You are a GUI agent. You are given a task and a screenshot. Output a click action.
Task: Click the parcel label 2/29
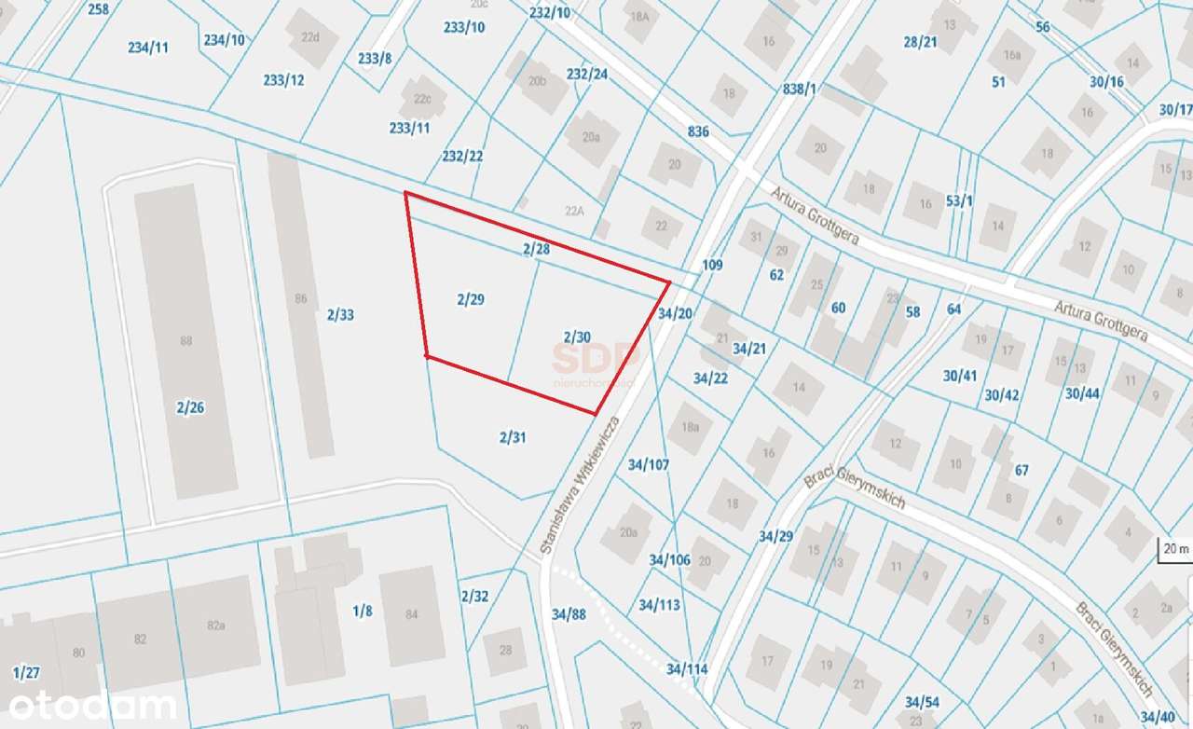click(471, 299)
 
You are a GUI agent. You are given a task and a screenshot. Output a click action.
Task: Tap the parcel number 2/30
click(577, 336)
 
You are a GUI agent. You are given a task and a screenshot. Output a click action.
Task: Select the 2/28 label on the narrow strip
click(536, 249)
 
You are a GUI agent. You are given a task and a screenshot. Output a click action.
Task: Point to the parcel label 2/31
click(513, 436)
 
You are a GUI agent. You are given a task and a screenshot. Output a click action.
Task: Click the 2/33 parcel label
click(340, 315)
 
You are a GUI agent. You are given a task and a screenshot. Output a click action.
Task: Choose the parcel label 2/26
click(189, 406)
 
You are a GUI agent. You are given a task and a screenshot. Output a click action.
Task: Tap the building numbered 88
click(185, 341)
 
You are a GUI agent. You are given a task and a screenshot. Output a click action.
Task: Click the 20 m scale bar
click(1174, 549)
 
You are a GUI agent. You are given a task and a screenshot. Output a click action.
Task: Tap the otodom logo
click(89, 706)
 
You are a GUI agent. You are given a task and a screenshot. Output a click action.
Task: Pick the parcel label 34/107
click(649, 463)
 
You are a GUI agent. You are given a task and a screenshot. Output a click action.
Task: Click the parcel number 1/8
click(362, 611)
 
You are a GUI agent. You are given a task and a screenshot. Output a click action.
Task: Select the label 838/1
click(800, 89)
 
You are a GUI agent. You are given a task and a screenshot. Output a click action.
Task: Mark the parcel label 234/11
click(148, 47)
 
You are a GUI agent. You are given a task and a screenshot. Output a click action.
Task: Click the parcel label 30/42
click(1002, 394)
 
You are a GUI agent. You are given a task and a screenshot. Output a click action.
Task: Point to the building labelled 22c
click(423, 98)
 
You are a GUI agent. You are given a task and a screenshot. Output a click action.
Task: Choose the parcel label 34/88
click(569, 614)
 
